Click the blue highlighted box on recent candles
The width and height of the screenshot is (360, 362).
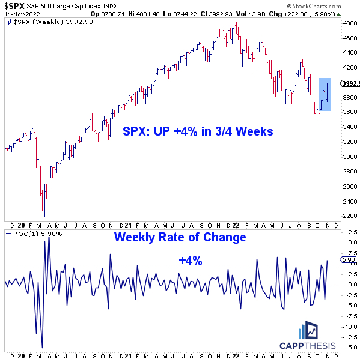point(325,94)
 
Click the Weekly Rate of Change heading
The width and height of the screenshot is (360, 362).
point(181,237)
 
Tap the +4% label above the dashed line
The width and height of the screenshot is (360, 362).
point(190,261)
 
